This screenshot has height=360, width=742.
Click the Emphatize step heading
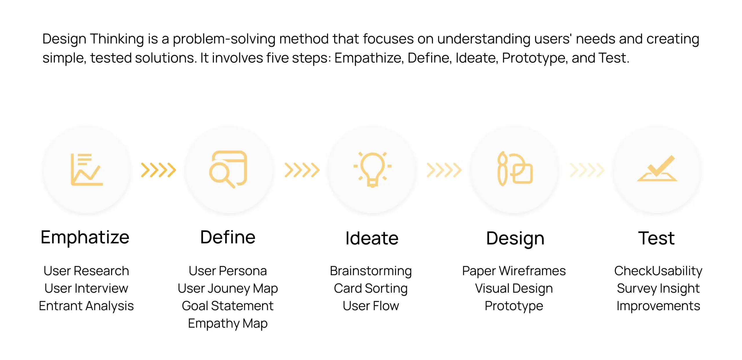[85, 238]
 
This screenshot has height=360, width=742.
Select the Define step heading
[228, 237]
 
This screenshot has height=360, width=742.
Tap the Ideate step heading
[372, 238]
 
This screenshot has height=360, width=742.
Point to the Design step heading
[515, 239]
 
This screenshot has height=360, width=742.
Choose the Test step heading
[656, 238]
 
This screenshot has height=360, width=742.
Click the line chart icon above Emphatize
[87, 170]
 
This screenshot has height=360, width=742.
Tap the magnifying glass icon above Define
[228, 169]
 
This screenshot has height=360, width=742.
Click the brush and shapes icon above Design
[515, 169]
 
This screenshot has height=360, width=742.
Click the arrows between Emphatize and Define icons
[159, 170]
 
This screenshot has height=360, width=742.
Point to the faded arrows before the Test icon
[587, 170]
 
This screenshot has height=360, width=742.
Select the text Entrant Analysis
[86, 306]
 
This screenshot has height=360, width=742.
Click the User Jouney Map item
[228, 288]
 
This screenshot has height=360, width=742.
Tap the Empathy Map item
[228, 323]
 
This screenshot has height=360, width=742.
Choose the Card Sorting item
[371, 288]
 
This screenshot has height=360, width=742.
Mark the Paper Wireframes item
[514, 271]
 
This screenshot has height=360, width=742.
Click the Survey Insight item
[658, 288]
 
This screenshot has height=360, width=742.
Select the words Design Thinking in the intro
[93, 39]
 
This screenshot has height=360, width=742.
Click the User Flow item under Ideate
[371, 306]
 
